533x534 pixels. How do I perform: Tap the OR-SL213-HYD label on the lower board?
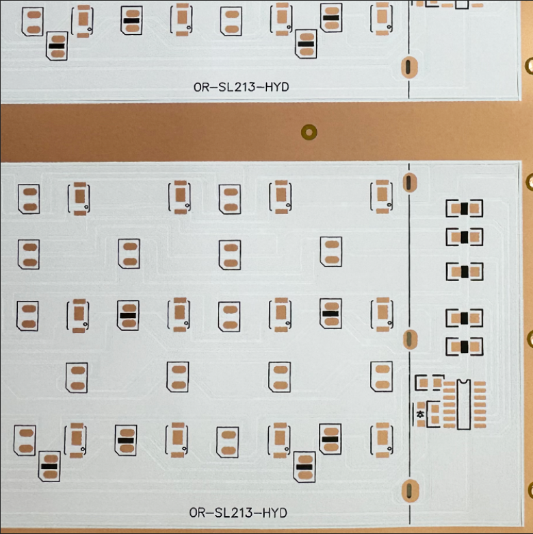coord(237,512)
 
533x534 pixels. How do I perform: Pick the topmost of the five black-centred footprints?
coord(465,209)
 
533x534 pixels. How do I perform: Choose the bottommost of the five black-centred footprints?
coord(465,347)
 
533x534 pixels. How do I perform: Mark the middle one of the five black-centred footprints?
coord(465,271)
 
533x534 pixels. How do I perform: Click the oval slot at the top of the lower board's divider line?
coord(408,182)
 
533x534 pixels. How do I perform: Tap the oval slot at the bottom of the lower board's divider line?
coord(408,490)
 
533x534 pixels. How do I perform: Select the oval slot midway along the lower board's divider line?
coord(408,338)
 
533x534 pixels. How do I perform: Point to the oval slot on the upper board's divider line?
coord(408,66)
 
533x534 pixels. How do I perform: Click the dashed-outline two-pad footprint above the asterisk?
coord(430,382)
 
